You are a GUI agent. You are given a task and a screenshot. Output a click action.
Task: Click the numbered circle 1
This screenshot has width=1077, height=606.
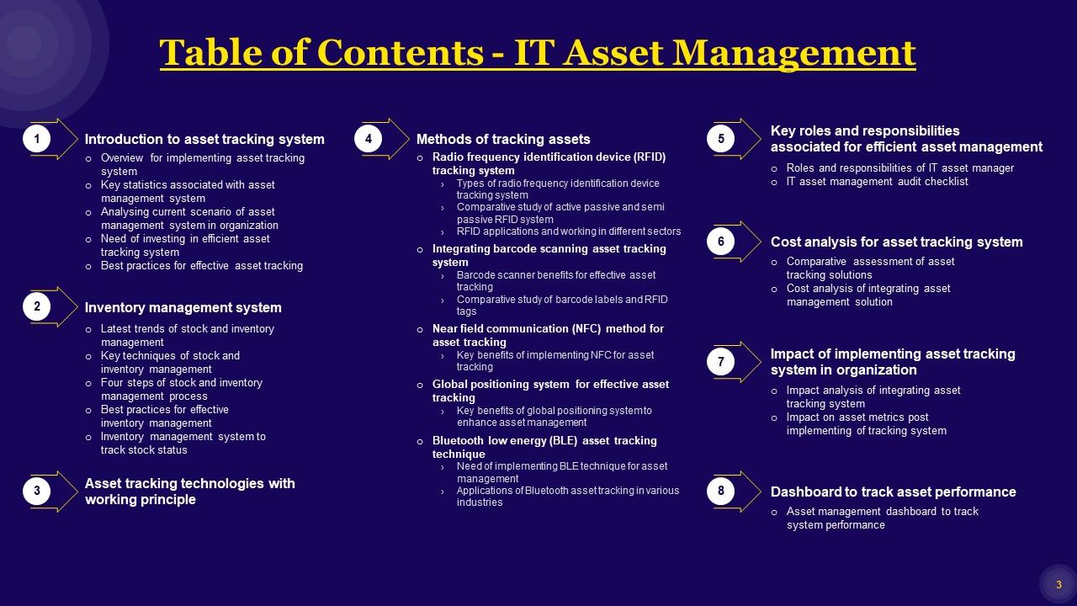tap(37, 138)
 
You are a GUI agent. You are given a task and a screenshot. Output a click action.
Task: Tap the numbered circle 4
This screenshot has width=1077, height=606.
tap(369, 138)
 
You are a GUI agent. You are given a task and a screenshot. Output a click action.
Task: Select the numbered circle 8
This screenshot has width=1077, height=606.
tap(721, 491)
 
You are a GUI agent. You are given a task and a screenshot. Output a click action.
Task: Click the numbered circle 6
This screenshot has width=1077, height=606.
tap(721, 242)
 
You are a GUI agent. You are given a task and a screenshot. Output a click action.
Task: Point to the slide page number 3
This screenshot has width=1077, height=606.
tap(1058, 585)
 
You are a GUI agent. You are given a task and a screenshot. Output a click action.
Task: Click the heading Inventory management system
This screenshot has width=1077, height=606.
tap(183, 308)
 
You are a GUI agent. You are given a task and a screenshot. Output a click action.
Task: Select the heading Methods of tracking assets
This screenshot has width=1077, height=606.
tap(503, 140)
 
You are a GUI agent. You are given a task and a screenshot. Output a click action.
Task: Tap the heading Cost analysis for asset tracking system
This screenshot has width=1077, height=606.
tap(896, 242)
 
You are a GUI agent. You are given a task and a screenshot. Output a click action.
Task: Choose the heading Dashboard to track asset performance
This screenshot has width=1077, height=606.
tap(893, 492)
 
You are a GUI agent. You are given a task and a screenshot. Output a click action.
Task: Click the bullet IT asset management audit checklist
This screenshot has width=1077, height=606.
tap(877, 182)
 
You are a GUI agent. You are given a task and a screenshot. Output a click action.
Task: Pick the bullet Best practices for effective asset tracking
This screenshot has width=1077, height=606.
tap(201, 266)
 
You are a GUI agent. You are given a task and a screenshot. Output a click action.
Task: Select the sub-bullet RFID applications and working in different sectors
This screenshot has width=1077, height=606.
tap(569, 231)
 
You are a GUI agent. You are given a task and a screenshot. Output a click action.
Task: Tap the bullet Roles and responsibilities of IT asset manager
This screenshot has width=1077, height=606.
tap(899, 168)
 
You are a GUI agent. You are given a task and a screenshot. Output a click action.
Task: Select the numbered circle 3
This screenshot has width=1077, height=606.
tap(37, 491)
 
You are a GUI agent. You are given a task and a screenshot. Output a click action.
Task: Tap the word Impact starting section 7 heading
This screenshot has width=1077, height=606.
tap(792, 354)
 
